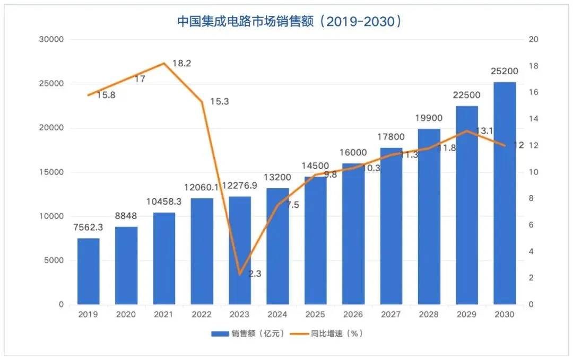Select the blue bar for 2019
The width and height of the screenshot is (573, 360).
coord(88,271)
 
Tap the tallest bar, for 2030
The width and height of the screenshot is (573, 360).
coord(505,194)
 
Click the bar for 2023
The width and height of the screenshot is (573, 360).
coord(240,250)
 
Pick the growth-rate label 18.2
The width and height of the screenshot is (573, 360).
coord(182,63)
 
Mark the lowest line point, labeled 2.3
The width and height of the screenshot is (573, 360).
coord(240,274)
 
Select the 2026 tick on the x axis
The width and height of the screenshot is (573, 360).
coord(353,314)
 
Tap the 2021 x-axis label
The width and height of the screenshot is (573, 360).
coord(163,314)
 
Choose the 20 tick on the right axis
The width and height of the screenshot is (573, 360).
coord(533,39)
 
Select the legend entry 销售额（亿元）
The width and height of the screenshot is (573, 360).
coord(249,333)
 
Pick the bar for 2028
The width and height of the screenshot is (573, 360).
coord(429,217)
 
